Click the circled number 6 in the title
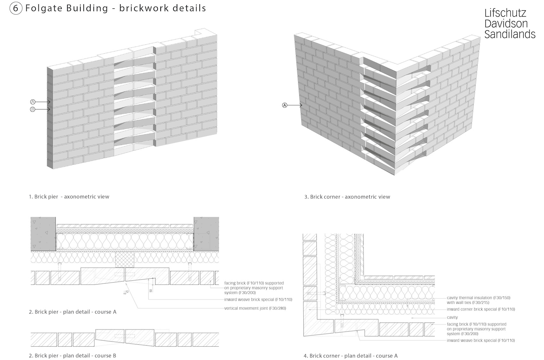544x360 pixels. coord(15,9)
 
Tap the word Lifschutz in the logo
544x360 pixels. coord(505,13)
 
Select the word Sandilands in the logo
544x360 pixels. coord(510,34)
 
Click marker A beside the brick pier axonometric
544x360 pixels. coord(33,102)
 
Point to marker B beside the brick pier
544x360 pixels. coord(33,109)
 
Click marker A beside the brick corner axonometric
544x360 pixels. coord(285,105)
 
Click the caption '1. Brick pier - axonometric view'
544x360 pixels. coord(69,197)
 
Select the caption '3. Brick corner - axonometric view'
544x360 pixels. coord(347,197)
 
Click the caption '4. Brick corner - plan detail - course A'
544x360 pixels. coord(350,356)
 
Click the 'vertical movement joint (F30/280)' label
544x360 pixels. coord(255,308)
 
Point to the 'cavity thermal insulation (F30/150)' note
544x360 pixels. coord(478,298)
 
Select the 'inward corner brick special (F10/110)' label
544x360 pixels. coord(481,309)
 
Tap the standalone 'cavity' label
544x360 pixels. coord(452,317)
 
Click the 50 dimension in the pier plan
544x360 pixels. coord(151,291)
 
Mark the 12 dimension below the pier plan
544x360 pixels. coord(127,292)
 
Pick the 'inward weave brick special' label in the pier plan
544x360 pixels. coord(258,300)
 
